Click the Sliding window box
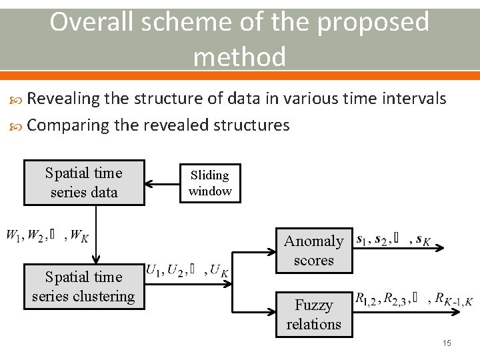210,183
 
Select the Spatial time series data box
84,183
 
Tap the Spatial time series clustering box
83,287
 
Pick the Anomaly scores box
313,250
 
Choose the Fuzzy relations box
313,315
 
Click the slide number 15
447,343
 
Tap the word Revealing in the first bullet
64,99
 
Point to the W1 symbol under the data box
13,235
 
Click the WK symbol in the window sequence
79,235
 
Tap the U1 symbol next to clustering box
154,271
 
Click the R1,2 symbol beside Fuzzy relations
367,299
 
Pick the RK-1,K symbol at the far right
453,299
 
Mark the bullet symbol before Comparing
18,126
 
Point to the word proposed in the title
373,23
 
